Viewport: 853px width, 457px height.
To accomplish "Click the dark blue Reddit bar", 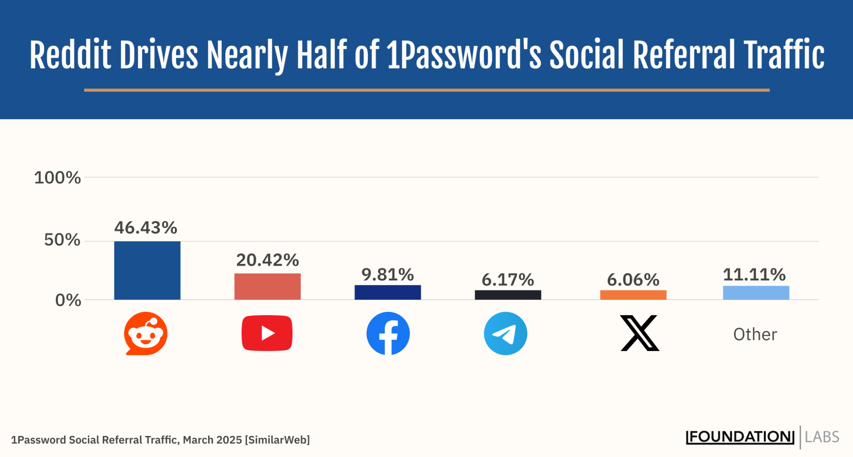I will (147, 270).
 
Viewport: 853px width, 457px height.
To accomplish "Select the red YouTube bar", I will (267, 286).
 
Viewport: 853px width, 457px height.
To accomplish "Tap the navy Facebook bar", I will (387, 292).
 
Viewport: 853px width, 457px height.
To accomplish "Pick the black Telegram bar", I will (508, 295).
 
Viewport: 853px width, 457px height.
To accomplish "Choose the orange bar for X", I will (633, 295).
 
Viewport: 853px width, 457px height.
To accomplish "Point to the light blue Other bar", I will (756, 293).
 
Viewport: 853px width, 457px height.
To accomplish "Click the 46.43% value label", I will (146, 228).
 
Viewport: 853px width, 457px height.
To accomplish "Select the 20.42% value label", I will (268, 260).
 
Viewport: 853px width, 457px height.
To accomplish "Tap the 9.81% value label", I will (387, 275).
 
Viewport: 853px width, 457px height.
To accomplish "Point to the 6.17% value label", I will (508, 280).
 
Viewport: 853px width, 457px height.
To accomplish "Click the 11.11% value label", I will (754, 275).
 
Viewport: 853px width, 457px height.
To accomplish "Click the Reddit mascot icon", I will (146, 334).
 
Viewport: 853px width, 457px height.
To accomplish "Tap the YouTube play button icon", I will (267, 333).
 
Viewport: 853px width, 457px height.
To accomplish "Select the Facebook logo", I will (388, 334).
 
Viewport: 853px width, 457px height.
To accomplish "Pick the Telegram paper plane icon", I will (505, 334).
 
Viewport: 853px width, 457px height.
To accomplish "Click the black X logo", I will (640, 333).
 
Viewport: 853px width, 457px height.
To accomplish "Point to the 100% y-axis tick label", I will (57, 178).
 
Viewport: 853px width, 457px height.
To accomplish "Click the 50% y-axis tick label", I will (62, 240).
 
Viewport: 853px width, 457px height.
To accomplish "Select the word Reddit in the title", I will (70, 56).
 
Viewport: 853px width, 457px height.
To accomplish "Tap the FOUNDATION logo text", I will (740, 437).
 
